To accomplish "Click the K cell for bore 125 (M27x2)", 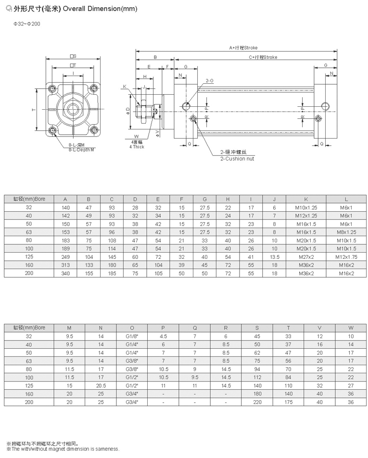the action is (306, 257).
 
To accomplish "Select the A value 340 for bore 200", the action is (66, 273).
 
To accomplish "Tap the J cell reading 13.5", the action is (275, 257).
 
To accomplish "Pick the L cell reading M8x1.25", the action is (346, 232).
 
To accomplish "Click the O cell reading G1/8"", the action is (132, 336).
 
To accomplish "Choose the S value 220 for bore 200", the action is (257, 402).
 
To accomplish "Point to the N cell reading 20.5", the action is (101, 385).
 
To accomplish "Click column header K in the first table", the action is (306, 199).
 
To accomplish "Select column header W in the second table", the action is (351, 328).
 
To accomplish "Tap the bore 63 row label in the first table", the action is (29, 232).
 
